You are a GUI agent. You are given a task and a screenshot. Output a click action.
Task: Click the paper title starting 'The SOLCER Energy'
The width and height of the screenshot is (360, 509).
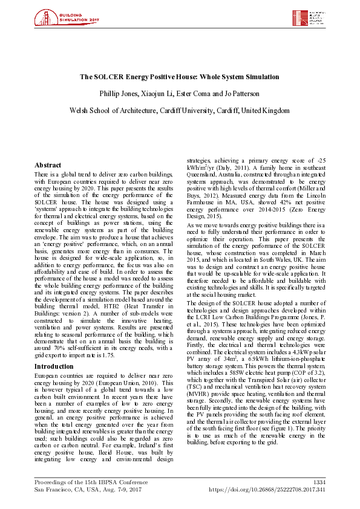pyautogui.click(x=180, y=77)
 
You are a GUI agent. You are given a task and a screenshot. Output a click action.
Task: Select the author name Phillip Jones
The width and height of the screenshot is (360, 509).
pyautogui.click(x=118, y=94)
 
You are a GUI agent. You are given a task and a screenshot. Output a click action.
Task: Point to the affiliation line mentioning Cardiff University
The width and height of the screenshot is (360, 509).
pyautogui.click(x=180, y=111)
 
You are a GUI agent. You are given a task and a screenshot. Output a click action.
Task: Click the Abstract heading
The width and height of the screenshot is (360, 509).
pyautogui.click(x=48, y=165)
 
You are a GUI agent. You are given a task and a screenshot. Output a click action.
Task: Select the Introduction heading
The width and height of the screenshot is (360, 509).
pyautogui.click(x=54, y=366)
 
